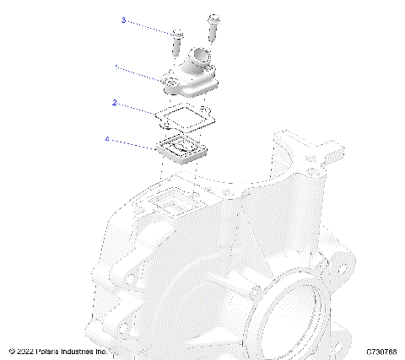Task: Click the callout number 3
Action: pos(123,20)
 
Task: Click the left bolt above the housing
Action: pos(178,41)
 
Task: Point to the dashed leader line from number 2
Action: pos(139,107)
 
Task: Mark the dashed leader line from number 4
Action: pos(133,142)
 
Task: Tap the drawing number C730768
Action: pos(383,351)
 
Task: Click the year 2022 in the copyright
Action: pos(26,351)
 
